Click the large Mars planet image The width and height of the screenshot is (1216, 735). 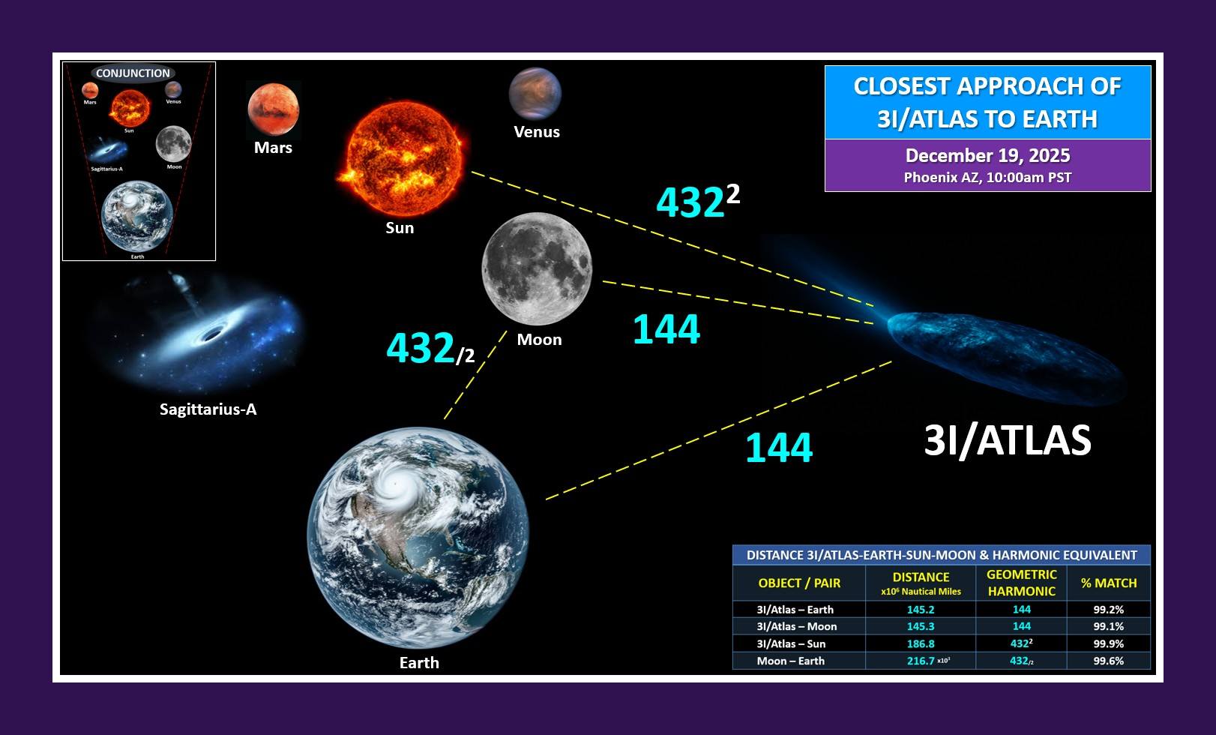273,109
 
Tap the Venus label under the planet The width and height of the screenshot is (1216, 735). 537,132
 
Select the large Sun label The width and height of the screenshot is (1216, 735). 400,227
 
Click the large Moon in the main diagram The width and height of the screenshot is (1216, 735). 537,268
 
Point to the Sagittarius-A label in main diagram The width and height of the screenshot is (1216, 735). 208,409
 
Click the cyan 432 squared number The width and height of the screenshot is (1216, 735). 698,201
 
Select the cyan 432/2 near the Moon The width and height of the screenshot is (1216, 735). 430,348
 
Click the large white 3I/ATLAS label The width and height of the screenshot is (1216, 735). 1008,440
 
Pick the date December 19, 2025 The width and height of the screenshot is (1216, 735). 987,156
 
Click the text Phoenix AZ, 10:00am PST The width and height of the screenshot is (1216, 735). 987,178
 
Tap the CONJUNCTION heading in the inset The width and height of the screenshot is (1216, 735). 133,73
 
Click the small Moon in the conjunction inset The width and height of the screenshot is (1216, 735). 174,144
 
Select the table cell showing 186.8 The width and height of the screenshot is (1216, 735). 921,643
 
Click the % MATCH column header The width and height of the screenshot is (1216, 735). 1109,583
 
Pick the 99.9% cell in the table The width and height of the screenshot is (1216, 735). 1109,643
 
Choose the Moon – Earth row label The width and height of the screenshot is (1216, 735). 790,661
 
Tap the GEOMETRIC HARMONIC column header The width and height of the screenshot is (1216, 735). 1022,583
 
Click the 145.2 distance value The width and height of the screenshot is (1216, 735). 921,610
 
